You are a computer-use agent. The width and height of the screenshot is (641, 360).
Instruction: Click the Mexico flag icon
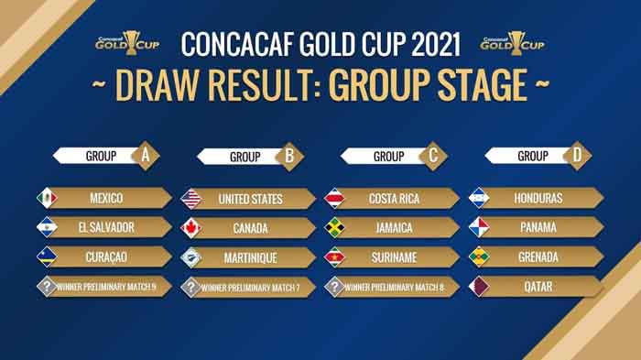47,199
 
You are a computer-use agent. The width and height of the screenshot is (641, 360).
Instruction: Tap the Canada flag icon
191,228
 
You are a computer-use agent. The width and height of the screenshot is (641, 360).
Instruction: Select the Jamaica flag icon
335,228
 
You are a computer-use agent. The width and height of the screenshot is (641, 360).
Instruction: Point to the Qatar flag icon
479,287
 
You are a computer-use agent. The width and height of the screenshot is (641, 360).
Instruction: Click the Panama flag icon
479,228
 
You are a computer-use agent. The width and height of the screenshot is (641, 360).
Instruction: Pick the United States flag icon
191,199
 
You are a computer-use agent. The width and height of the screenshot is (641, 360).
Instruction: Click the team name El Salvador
107,228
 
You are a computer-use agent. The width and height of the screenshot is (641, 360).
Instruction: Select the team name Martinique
251,257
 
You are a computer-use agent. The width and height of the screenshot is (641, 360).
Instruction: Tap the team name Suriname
394,257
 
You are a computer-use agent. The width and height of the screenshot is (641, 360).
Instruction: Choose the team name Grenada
538,257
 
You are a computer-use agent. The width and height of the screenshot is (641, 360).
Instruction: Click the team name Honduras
538,199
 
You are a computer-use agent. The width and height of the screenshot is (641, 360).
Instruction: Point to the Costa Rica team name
394,199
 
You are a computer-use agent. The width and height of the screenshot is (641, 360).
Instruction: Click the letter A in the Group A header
145,155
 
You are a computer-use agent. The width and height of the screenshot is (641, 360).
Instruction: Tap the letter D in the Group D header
577,155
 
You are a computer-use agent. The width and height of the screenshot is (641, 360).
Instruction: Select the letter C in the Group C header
433,155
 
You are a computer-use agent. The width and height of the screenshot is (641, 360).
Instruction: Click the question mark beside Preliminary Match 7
191,287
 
